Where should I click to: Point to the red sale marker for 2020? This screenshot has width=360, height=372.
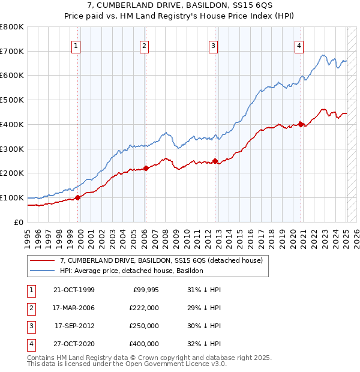pyautogui.click(x=301, y=124)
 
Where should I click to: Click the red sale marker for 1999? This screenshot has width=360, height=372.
pyautogui.click(x=78, y=197)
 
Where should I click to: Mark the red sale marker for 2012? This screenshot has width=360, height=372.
pyautogui.click(x=215, y=161)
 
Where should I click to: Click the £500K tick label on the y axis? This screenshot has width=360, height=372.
pyautogui.click(x=12, y=100)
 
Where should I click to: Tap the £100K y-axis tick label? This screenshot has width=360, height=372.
pyautogui.click(x=12, y=197)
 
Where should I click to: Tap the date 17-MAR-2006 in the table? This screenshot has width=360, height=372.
pyautogui.click(x=74, y=307)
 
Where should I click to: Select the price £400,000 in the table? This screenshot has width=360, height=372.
pyautogui.click(x=143, y=344)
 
